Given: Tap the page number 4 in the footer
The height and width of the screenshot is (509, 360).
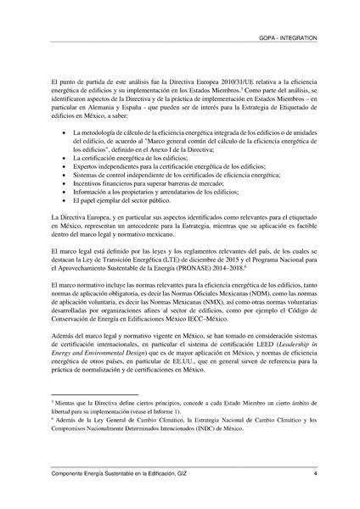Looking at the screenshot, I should coord(314,473).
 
